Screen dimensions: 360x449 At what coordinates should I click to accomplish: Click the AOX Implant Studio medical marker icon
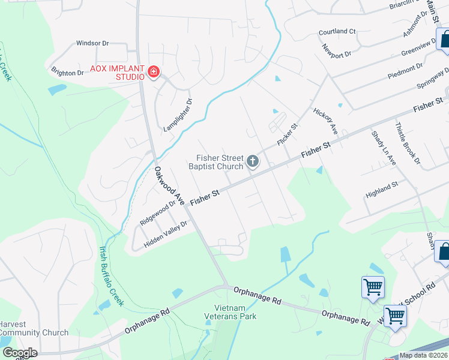coord(154,73)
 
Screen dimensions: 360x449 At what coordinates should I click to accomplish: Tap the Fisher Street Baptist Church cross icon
coord(253,161)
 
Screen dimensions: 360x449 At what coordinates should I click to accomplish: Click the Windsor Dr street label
coord(92,43)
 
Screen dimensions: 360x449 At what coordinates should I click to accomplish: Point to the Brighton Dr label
coord(67,73)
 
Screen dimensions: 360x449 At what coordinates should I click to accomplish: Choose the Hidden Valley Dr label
coord(166,231)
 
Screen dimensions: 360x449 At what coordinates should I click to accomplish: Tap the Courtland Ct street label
coord(337,31)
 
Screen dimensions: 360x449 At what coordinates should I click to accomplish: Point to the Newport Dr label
coord(336,51)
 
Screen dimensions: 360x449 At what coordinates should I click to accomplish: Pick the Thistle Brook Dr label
coord(406,143)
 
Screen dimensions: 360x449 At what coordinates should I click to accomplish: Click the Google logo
coord(20,353)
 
